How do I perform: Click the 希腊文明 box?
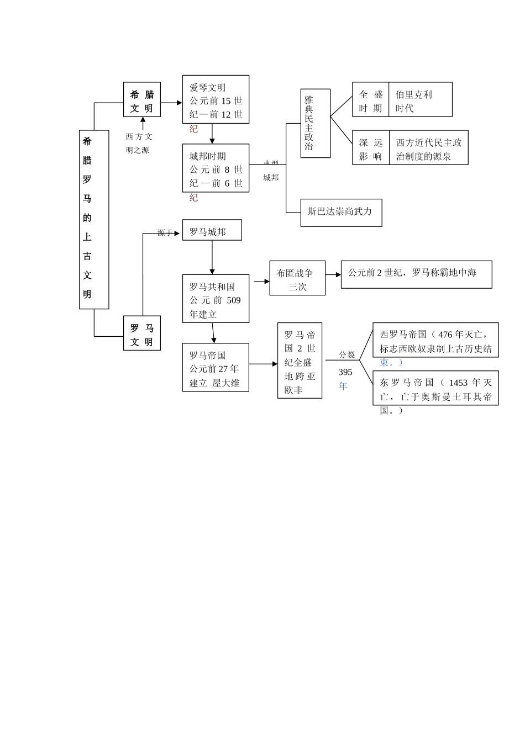pyautogui.click(x=142, y=100)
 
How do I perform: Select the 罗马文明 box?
pyautogui.click(x=142, y=333)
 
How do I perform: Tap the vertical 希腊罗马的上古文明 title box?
pyautogui.click(x=94, y=219)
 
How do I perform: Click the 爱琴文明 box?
pyautogui.click(x=216, y=99)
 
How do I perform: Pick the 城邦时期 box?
pyautogui.click(x=216, y=168)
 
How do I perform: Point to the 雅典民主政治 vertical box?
pyautogui.click(x=316, y=124)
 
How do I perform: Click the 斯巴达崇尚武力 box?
pyautogui.click(x=341, y=213)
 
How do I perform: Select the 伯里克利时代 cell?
pyautogui.click(x=420, y=100)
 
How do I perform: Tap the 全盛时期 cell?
pyautogui.click(x=371, y=100)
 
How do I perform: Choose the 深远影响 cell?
pyautogui.click(x=371, y=148)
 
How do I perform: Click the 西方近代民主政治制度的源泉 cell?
pyautogui.click(x=428, y=148)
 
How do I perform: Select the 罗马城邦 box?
pyautogui.click(x=212, y=231)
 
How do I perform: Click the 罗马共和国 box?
pyautogui.click(x=216, y=299)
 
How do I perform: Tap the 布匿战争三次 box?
pyautogui.click(x=297, y=278)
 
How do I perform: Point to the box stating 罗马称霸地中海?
pyautogui.click(x=416, y=274)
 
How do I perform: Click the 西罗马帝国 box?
pyautogui.click(x=435, y=341)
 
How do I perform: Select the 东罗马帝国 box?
pyautogui.click(x=435, y=389)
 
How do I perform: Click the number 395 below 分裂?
pyautogui.click(x=345, y=372)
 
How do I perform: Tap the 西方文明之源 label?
pyautogui.click(x=139, y=143)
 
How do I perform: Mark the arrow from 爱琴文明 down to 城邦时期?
pyautogui.click(x=212, y=134)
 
